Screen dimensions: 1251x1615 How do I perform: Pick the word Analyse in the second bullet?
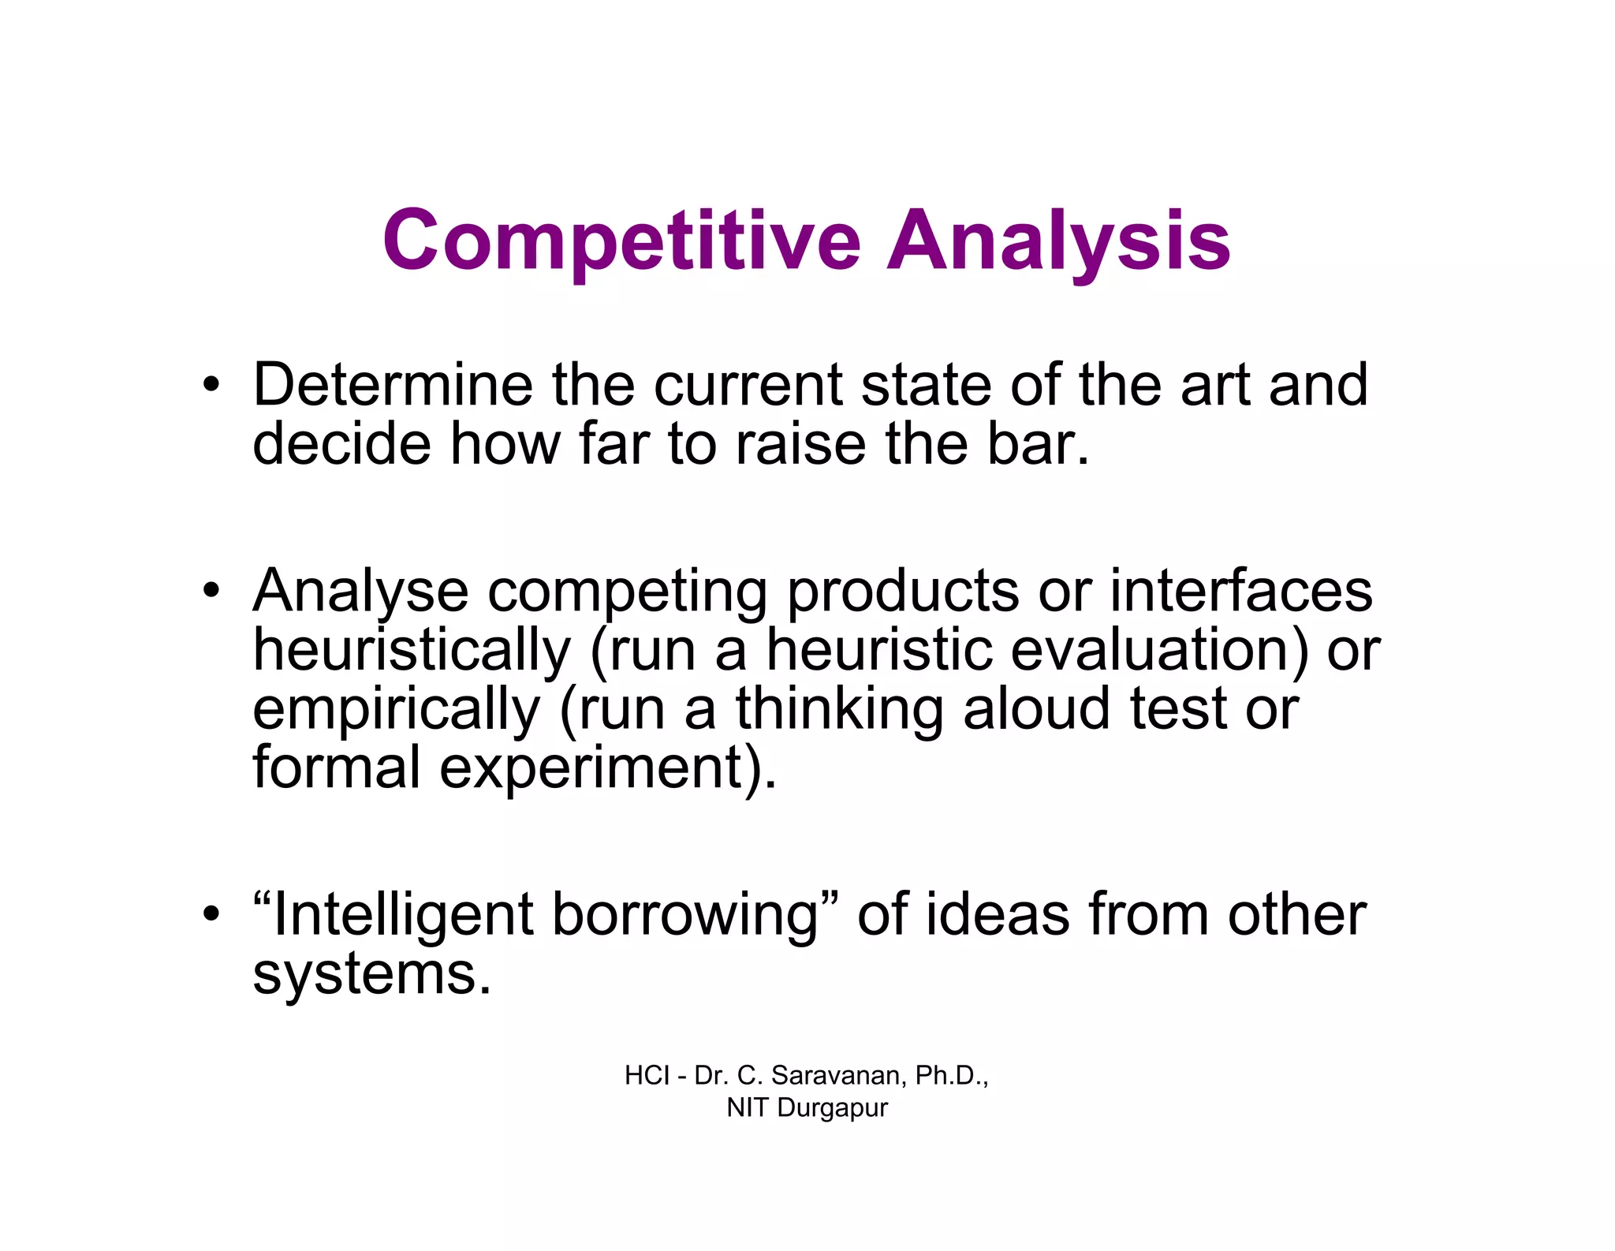click(360, 592)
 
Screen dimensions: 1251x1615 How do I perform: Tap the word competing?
click(628, 592)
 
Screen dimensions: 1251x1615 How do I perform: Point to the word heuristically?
click(411, 651)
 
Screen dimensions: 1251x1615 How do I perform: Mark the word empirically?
click(396, 710)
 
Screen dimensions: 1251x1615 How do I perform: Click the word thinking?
click(839, 708)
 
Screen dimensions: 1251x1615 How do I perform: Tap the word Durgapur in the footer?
click(832, 1107)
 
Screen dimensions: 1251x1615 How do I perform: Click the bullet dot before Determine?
click(210, 386)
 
